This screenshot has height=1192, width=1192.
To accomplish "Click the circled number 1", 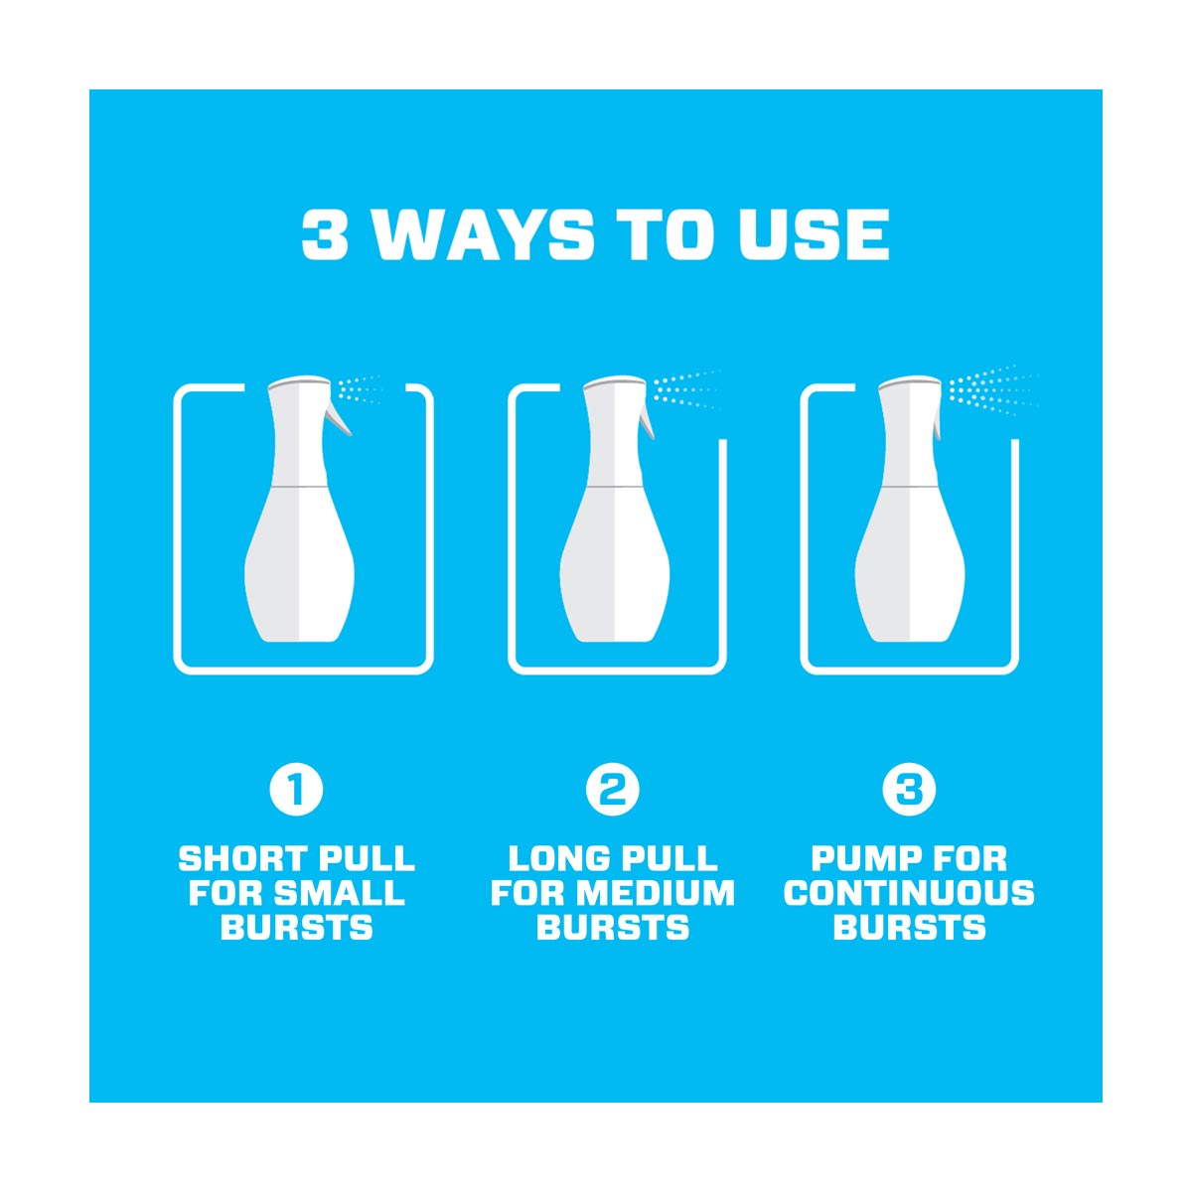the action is pyautogui.click(x=296, y=791).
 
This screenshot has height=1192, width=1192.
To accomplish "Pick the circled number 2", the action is pyautogui.click(x=613, y=791).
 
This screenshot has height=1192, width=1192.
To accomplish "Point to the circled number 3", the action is pyautogui.click(x=909, y=791).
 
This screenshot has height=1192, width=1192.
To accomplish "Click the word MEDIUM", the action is pyautogui.click(x=654, y=893).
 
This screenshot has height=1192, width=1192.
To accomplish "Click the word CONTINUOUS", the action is pyautogui.click(x=909, y=893).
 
